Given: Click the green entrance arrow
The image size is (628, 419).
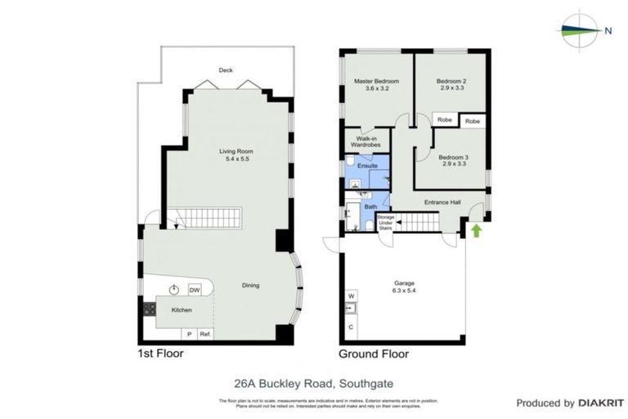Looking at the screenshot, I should click(475, 231).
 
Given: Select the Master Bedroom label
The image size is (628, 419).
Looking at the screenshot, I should click(376, 85).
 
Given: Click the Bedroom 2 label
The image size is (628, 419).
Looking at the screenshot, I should click(451, 85).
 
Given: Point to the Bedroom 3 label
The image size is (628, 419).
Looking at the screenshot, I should click(452, 160).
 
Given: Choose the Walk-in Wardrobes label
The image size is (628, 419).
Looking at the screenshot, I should click(366, 142).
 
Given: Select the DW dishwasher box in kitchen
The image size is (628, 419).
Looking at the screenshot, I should click(195, 291).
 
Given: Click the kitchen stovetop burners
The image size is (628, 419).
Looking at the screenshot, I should click(150, 309).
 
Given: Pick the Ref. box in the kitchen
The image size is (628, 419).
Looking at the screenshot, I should click(205, 335).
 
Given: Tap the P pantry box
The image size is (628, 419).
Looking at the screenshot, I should click(189, 335).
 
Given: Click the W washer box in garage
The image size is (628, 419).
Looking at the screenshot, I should click(351, 295).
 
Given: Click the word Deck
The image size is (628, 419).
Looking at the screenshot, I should click(226, 70).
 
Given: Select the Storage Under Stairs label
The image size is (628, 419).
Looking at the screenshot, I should click(385, 223).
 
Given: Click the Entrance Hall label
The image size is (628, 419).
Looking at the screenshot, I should click(442, 203).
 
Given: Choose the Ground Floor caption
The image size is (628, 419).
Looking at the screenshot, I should click(374, 354).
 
